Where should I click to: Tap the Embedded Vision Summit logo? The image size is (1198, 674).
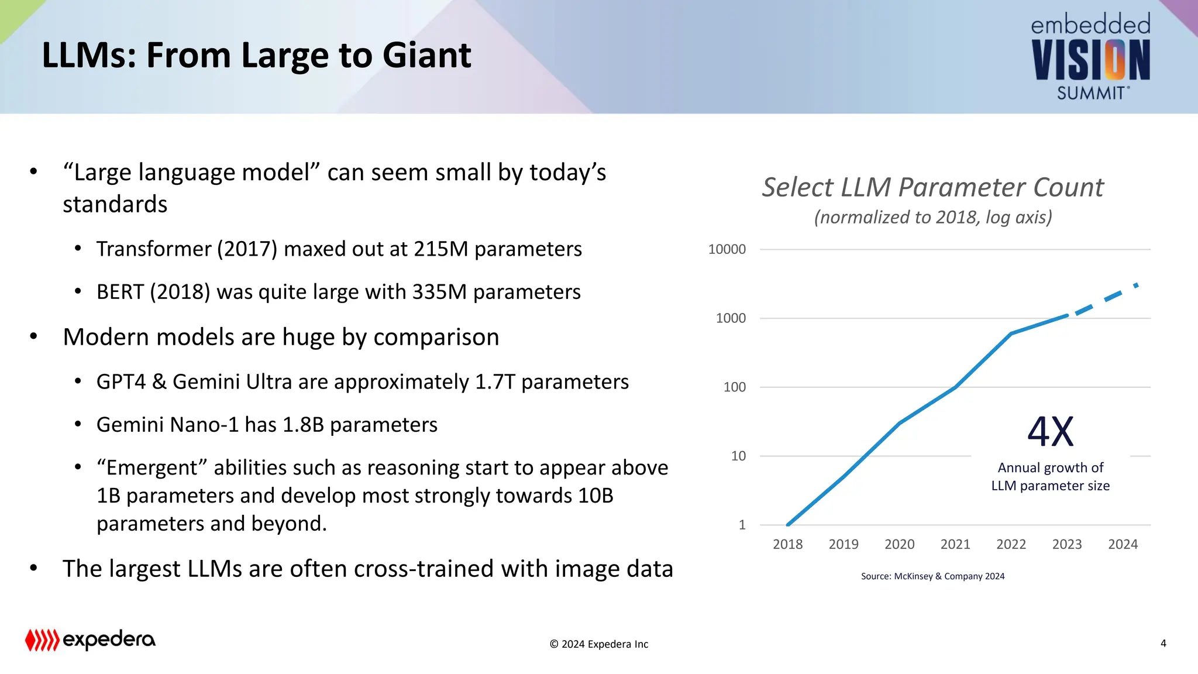1090,57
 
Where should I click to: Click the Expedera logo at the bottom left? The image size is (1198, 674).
90,640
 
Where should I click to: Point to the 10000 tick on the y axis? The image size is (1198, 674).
727,249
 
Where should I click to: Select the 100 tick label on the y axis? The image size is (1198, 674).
734,387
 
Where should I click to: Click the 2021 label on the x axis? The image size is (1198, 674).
955,544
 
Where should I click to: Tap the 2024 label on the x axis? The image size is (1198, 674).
1123,544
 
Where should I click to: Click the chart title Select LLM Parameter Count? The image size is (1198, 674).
932,188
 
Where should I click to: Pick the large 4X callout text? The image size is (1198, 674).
1051,432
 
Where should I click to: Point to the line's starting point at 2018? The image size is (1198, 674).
788,524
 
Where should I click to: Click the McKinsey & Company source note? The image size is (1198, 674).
932,576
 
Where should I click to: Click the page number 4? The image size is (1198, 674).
1163,644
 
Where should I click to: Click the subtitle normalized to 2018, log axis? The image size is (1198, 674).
932,218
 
